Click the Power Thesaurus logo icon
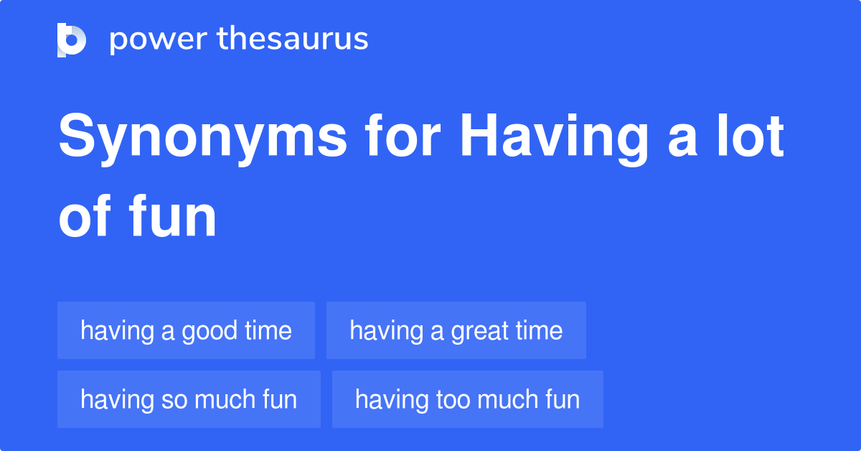click(x=72, y=39)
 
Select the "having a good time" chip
click(x=186, y=330)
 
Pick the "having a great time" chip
click(x=456, y=330)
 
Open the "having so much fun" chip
click(x=189, y=399)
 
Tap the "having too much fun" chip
click(x=467, y=399)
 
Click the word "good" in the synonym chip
click(x=210, y=331)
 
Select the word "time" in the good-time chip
click(x=268, y=331)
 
